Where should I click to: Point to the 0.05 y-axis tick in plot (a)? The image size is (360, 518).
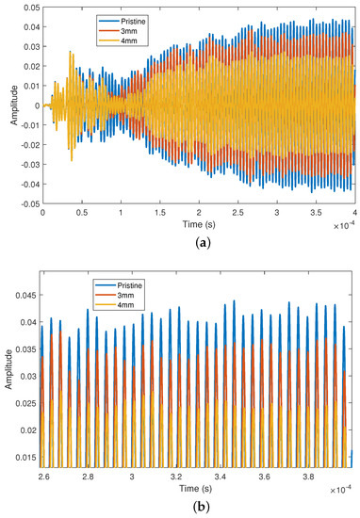pyautogui.click(x=29, y=8)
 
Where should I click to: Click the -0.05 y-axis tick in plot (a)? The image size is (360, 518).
pyautogui.click(x=27, y=202)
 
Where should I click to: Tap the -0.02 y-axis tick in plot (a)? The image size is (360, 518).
pyautogui.click(x=27, y=144)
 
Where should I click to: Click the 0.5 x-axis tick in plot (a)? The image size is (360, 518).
pyautogui.click(x=81, y=213)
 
